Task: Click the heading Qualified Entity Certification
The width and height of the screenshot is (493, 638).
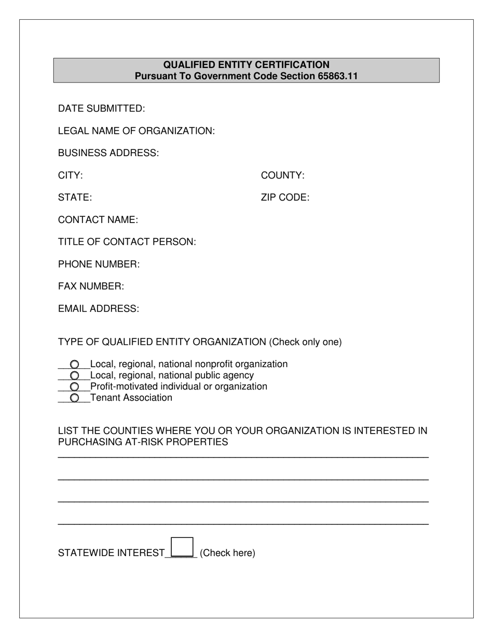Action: click(246, 65)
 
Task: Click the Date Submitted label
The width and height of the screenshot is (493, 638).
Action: click(101, 108)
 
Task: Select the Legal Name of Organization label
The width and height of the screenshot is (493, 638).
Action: click(136, 131)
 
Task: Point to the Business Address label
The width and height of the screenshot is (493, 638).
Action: click(108, 153)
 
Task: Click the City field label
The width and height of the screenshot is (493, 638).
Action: click(70, 175)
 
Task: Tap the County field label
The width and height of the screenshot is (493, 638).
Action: click(282, 175)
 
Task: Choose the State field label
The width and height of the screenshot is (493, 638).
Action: click(75, 198)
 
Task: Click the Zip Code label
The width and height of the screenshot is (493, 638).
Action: click(285, 198)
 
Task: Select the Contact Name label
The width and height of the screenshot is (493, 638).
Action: click(98, 220)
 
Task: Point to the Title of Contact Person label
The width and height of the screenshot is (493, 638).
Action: click(127, 242)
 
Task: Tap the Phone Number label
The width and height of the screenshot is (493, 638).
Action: click(99, 265)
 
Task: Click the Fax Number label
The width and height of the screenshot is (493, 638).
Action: click(91, 286)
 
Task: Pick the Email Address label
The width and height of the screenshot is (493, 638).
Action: click(98, 309)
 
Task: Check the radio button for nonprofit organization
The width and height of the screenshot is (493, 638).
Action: click(74, 365)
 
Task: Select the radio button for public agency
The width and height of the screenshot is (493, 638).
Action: click(74, 376)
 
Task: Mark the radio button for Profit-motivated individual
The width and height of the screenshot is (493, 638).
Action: click(74, 387)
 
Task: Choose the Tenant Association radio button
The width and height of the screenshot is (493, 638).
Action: click(74, 398)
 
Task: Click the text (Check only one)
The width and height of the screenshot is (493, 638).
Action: click(305, 342)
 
